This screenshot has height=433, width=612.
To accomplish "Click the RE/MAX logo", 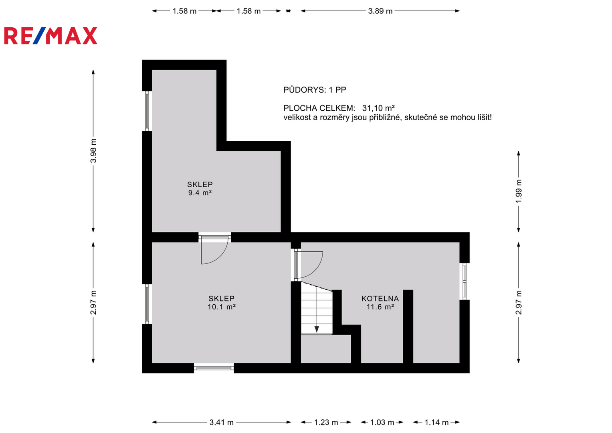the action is pos(51,36).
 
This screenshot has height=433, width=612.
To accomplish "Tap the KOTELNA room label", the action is pos(380,299).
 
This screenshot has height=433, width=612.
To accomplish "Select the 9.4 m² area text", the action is pos(200,193).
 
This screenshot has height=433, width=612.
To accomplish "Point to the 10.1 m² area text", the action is pos(222,307).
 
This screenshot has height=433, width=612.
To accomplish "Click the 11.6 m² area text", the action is pos(380,307).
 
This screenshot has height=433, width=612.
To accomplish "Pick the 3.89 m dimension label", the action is pos(380,11).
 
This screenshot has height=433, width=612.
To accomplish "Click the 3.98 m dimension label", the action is pos(93,151).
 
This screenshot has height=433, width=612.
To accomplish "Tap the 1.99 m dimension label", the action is pos(519,191).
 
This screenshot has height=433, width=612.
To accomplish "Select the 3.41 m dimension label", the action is pos(222,422).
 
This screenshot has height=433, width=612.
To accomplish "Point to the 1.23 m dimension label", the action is pos(326,422).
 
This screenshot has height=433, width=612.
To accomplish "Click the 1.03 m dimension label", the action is pos(382,422).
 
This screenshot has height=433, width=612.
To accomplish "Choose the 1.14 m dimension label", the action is pos(436,422).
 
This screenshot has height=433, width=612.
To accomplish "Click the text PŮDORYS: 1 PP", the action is pos(315,90).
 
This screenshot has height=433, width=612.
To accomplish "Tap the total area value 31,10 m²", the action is pos(378,108).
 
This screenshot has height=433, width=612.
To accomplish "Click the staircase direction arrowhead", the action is pos(317,330).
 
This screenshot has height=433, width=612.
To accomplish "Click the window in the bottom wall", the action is pos(214,368).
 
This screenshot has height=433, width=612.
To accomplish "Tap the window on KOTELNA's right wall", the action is pos(465,281).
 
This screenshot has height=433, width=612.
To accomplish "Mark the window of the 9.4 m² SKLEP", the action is pos(147,111).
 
